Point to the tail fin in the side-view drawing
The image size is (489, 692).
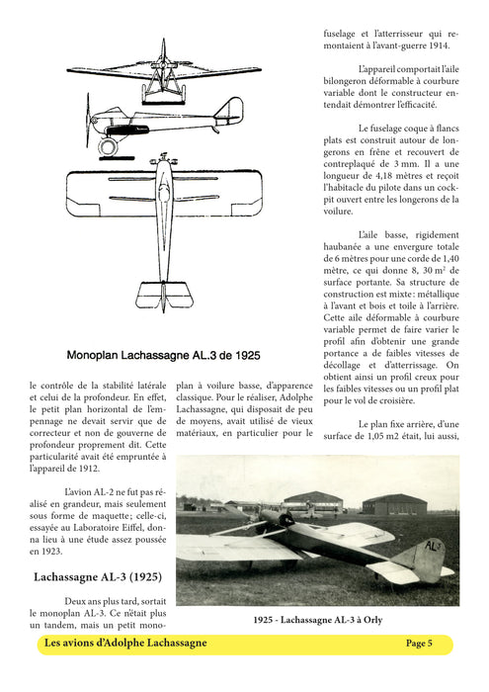pyautogui.click(x=233, y=109)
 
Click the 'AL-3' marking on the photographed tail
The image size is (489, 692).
pyautogui.click(x=433, y=547)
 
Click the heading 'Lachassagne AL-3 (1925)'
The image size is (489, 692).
pyautogui.click(x=98, y=576)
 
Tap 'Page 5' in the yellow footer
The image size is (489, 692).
pyautogui.click(x=419, y=644)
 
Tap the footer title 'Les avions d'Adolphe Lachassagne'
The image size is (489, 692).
pyautogui.click(x=125, y=644)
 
